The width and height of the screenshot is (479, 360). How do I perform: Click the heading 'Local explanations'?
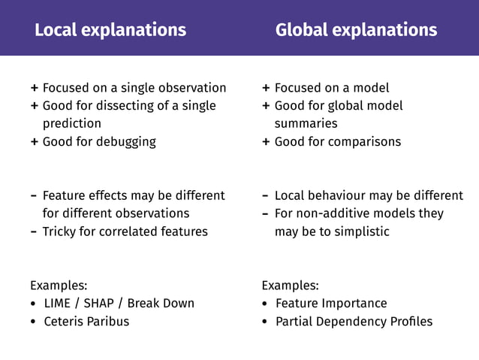[x=110, y=30]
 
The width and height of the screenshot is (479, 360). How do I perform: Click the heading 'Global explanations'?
[x=356, y=30]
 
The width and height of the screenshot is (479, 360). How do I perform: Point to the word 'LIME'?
[x=59, y=303]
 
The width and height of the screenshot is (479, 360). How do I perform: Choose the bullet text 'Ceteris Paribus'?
[x=86, y=321]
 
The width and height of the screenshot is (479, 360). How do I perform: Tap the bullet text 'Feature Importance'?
[x=331, y=303]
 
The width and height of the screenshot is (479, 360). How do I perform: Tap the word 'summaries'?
[x=306, y=123]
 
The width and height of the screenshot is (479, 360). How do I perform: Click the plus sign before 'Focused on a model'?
[x=266, y=88]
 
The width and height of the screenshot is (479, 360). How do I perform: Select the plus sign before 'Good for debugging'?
[x=35, y=142]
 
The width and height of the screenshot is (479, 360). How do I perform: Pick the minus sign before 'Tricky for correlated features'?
[x=35, y=231]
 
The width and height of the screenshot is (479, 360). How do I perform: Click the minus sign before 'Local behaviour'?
[x=266, y=195]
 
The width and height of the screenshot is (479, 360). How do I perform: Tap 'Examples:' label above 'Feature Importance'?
[x=290, y=285]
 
